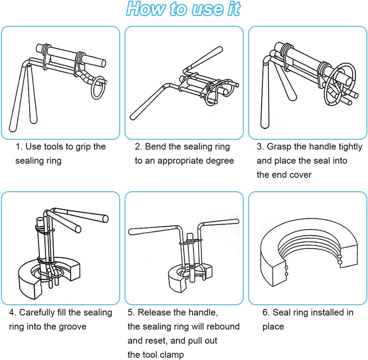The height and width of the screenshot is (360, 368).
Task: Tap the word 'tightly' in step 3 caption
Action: click(351, 147)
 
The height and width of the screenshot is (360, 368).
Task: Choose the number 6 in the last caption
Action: click(265, 312)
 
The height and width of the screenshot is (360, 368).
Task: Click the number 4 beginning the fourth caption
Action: click(11, 312)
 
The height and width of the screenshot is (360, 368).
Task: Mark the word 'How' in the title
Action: click(145, 9)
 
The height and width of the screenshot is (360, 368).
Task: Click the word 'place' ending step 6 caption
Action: click(273, 327)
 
